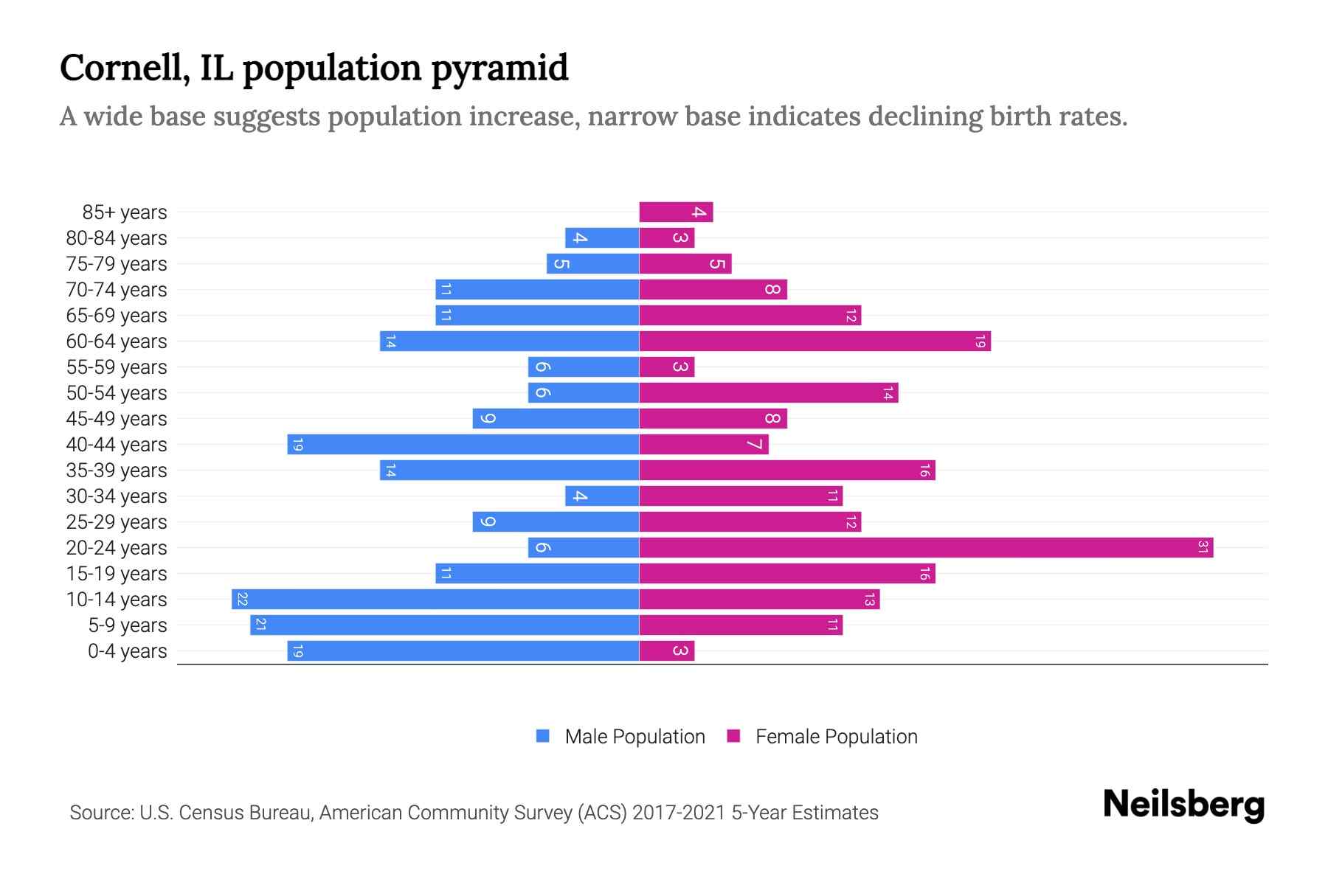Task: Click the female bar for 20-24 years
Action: click(x=926, y=547)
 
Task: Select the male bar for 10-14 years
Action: click(x=435, y=599)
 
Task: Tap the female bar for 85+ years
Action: click(x=676, y=212)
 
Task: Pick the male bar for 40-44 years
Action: click(x=463, y=444)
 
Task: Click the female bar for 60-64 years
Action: click(x=815, y=341)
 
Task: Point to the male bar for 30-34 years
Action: click(x=602, y=496)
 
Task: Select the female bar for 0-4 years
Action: click(x=666, y=650)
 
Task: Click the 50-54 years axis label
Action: click(x=117, y=393)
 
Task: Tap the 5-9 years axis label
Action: click(x=128, y=625)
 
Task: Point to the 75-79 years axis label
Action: click(x=117, y=264)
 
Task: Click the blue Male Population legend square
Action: click(x=543, y=736)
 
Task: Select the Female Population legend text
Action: click(x=836, y=737)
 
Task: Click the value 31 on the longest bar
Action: click(x=1203, y=547)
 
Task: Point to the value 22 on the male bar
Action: click(x=242, y=599)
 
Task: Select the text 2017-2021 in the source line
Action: click(x=679, y=813)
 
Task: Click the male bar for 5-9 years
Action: click(x=444, y=625)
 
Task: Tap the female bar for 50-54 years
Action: click(x=768, y=392)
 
